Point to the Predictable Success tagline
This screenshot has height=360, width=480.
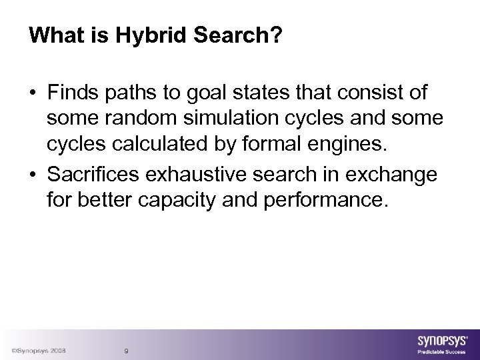point(441,351)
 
